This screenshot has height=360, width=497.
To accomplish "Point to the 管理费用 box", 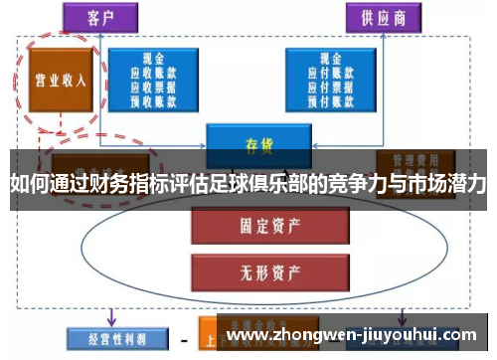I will pyautogui.click(x=410, y=158).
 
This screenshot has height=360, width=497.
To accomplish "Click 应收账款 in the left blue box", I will pyautogui.click(x=155, y=73).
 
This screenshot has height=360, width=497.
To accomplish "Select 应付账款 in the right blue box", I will pyautogui.click(x=320, y=73).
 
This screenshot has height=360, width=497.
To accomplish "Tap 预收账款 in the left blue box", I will pyautogui.click(x=155, y=99).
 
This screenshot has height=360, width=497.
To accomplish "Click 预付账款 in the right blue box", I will pyautogui.click(x=320, y=99).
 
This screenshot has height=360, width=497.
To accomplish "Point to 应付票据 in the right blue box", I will pyautogui.click(x=320, y=87).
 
